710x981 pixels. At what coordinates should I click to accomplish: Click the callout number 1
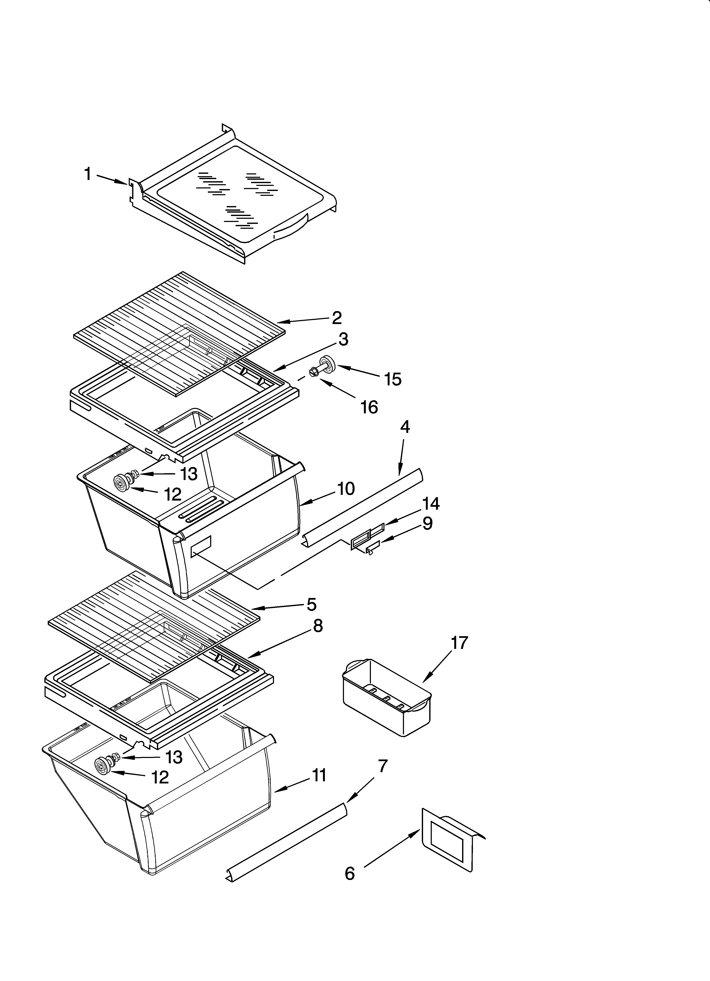(x=88, y=174)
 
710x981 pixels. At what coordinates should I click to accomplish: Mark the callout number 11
(x=319, y=776)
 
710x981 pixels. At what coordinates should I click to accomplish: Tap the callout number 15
(x=393, y=379)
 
